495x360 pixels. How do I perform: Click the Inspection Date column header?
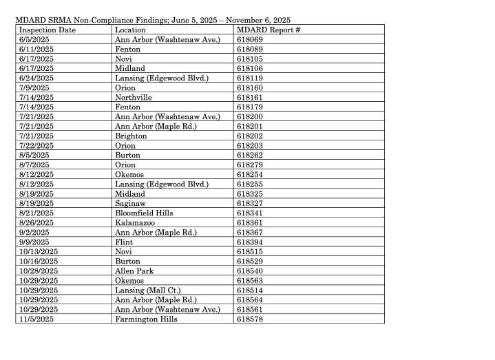pos(48,30)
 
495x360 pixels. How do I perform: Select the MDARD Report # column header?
pos(268,30)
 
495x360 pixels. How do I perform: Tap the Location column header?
pos(130,30)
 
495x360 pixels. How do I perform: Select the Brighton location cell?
pos(131,136)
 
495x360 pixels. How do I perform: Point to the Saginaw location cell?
pos(130,204)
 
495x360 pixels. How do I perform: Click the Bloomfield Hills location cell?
pos(144,213)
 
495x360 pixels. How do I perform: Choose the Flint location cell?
pos(124,242)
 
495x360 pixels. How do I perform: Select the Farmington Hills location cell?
pos(146,319)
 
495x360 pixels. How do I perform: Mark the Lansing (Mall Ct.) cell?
pos(145,290)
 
